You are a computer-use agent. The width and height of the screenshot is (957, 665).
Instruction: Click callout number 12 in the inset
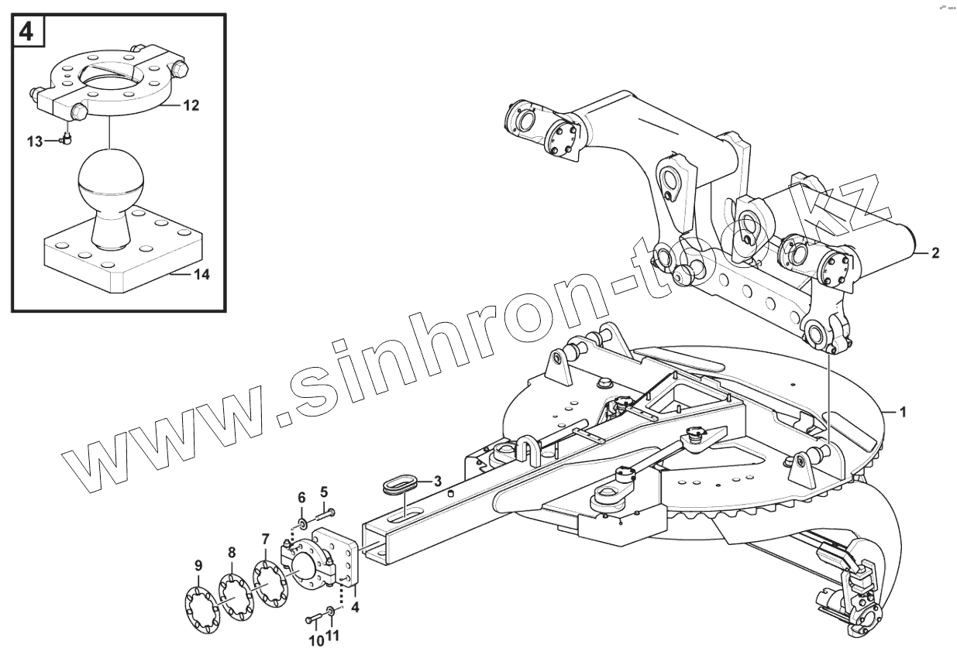point(191,106)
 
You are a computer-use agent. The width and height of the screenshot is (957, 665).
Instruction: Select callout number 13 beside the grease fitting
point(36,141)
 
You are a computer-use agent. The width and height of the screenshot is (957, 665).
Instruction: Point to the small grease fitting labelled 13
point(66,139)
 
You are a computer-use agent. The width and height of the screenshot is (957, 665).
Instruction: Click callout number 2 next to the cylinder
point(935,252)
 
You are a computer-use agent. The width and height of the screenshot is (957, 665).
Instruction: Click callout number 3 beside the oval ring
point(438,481)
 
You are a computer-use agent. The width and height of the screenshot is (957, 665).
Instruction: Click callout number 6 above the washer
point(302,496)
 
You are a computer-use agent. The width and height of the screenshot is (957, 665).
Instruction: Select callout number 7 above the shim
point(265,539)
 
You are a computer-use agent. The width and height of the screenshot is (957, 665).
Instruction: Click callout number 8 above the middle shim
point(231,553)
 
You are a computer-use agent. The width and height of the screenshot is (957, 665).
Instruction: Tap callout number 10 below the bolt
point(315,640)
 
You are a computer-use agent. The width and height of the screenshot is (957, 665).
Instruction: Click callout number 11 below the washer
point(333,636)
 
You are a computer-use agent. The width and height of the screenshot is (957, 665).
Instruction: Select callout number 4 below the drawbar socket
point(354,608)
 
